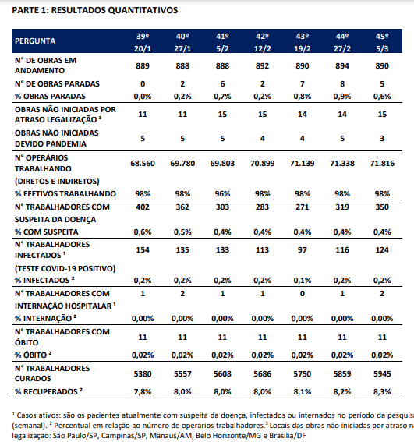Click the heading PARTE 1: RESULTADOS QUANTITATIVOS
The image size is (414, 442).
pos(95,10)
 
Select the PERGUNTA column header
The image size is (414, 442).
pos(35,41)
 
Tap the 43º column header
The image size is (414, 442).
pos(303,37)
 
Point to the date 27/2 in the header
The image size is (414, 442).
pos(342,49)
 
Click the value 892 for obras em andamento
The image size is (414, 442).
pos(262,66)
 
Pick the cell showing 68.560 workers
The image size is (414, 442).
pos(143,164)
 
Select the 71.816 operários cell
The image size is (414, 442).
pos(382,164)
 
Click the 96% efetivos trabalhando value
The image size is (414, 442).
pos(222,194)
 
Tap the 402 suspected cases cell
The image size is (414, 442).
pos(143,207)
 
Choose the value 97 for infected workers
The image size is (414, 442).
pos(303,250)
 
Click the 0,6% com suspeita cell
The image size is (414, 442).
pos(143,232)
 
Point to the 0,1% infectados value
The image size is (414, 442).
pos(303,281)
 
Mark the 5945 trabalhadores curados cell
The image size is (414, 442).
pos(382,374)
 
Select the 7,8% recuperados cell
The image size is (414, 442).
pos(143,392)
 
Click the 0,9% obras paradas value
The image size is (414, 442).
pos(342,97)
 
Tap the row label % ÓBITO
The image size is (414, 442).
pos(34,355)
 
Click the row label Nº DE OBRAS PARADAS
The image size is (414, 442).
pos(57,84)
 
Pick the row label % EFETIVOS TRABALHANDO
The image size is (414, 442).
pos(65,194)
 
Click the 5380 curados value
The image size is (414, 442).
pos(143,374)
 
